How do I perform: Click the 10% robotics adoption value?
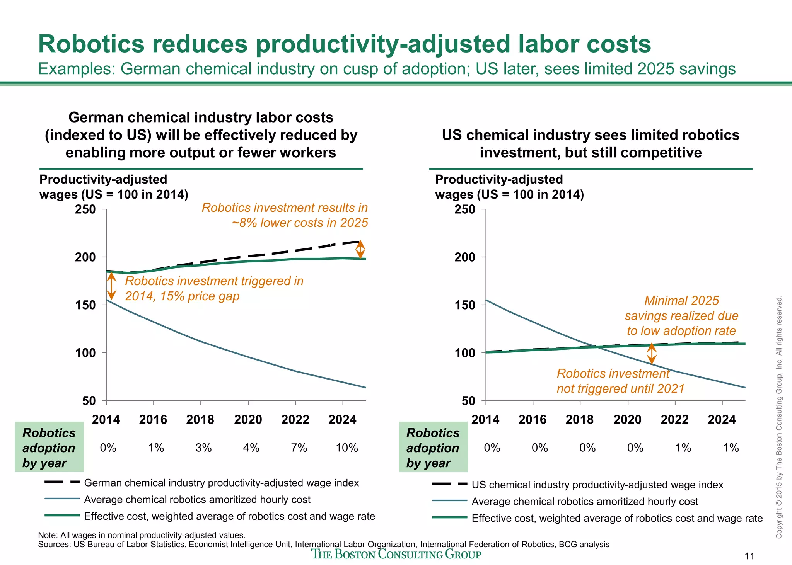[346, 448]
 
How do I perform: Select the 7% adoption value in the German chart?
[299, 448]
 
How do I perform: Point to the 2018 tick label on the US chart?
[579, 420]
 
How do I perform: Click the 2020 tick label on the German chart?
[248, 420]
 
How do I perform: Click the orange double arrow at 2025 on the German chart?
[360, 249]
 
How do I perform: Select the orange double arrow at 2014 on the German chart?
[111, 286]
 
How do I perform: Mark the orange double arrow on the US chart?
[652, 354]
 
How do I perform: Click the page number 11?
[749, 556]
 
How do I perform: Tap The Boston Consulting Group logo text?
[396, 554]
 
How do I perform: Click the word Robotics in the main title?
[91, 44]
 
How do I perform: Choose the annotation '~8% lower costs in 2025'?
[300, 223]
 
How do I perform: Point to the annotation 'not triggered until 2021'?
[620, 388]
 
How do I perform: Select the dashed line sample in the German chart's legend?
[62, 482]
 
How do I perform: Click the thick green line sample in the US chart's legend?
[449, 517]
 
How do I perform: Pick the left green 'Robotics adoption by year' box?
[49, 448]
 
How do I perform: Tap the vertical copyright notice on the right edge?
[779, 417]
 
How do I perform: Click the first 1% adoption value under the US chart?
[683, 448]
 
